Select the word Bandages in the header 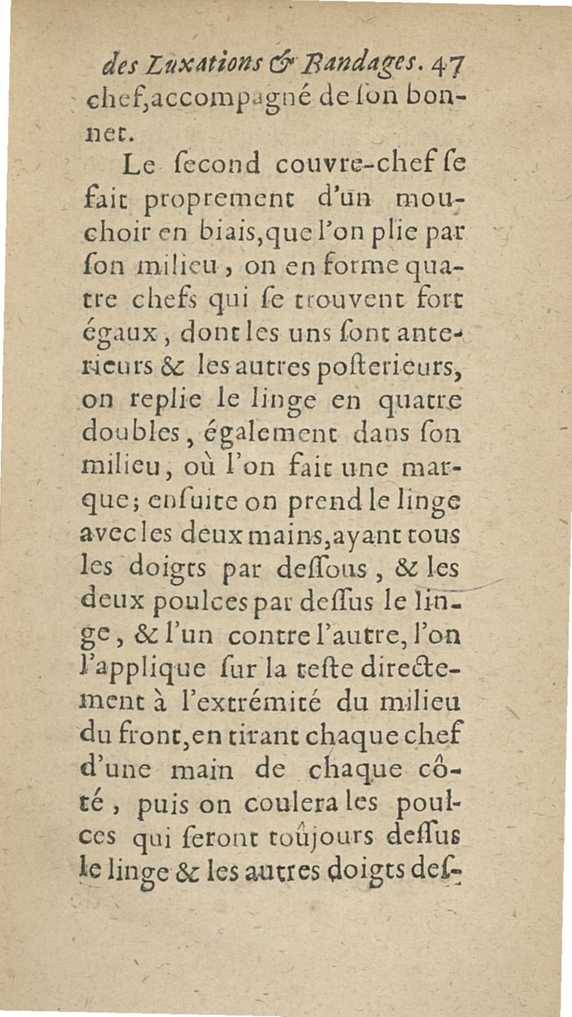click(343, 71)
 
